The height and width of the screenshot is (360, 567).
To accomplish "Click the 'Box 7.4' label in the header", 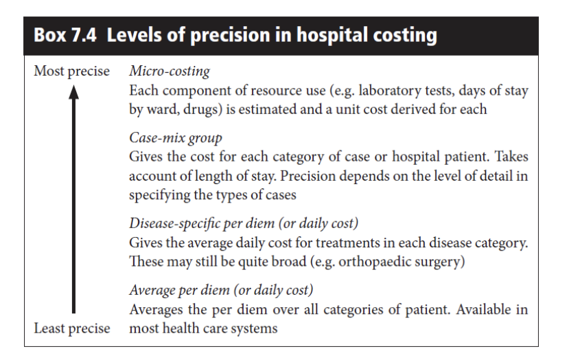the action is [65, 35].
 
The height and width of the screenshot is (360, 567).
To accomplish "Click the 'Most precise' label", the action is [71, 71].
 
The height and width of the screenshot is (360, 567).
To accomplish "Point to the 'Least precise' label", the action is [72, 328].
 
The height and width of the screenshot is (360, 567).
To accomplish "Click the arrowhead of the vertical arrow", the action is [73, 92].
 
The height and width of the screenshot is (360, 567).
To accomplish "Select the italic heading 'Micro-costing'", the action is [170, 71].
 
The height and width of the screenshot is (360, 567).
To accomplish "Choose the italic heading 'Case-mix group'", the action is [176, 137].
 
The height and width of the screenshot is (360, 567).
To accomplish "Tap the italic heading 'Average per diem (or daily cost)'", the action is [221, 290].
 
